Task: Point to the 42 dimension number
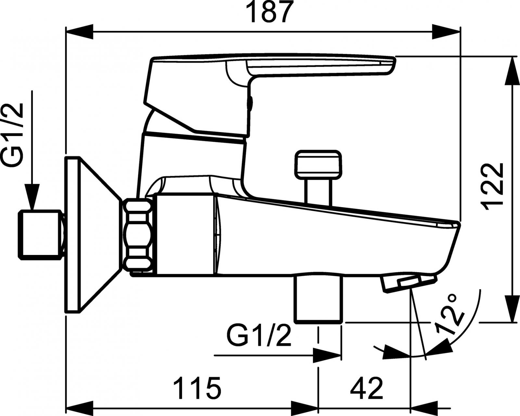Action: click(367, 388)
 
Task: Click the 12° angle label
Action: click(450, 314)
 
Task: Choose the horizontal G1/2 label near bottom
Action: click(259, 337)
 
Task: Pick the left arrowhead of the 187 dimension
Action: click(80, 32)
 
